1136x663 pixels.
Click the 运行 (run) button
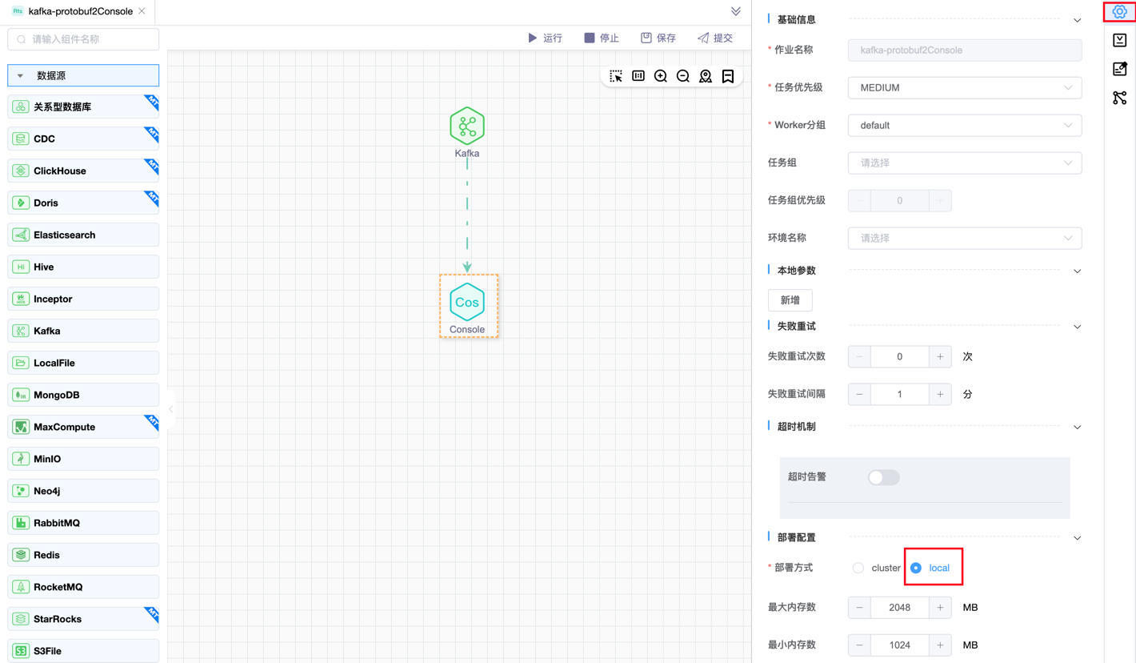click(545, 38)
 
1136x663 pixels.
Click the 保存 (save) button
click(658, 38)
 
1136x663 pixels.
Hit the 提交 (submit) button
click(715, 38)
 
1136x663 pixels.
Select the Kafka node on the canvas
click(467, 127)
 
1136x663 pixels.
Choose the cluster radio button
click(858, 568)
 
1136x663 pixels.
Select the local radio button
click(916, 568)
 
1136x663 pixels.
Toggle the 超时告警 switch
click(883, 477)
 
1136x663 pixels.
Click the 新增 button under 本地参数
click(790, 300)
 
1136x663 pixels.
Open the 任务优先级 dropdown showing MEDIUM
click(964, 87)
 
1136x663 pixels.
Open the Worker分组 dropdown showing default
click(964, 125)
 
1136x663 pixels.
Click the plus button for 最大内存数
click(940, 607)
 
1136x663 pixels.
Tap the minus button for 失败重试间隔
click(859, 394)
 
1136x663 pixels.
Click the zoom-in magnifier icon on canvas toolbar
click(661, 76)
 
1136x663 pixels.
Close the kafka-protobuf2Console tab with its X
click(142, 11)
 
